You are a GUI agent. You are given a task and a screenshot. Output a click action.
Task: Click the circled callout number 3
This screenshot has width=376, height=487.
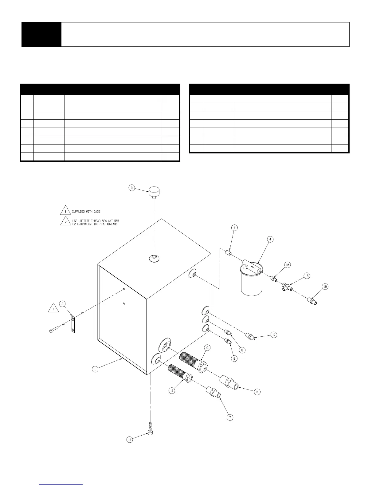coord(131,188)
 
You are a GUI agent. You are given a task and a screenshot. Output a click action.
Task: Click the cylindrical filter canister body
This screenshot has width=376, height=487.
coord(251,283)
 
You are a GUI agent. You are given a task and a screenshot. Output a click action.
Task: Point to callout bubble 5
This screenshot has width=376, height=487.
coord(235,228)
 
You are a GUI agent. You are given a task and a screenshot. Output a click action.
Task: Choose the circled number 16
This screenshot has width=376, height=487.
coord(287,265)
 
